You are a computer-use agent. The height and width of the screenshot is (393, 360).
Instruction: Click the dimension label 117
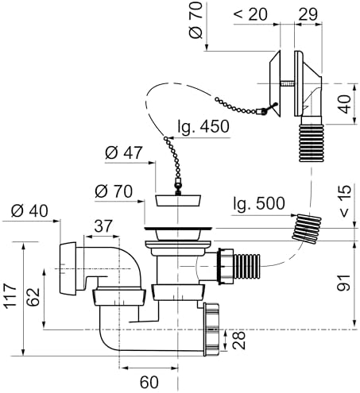pyautogui.click(x=10, y=295)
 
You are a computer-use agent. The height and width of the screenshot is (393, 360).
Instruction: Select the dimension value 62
pyautogui.click(x=34, y=297)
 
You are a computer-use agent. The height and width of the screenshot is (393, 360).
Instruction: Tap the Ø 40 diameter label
pyautogui.click(x=29, y=211)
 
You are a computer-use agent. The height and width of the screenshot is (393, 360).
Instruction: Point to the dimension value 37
pyautogui.click(x=103, y=225)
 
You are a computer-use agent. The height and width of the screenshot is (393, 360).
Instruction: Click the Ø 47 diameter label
pyautogui.click(x=124, y=152)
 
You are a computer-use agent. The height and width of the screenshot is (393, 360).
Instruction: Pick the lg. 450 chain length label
pyautogui.click(x=203, y=126)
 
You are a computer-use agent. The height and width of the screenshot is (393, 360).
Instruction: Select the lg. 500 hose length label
pyautogui.click(x=259, y=203)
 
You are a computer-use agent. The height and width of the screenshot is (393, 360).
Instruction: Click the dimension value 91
pyautogui.click(x=344, y=283)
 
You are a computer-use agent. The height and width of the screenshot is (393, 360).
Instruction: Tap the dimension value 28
pyautogui.click(x=238, y=341)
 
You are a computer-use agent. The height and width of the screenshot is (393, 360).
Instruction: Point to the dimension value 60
pyautogui.click(x=149, y=382)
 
